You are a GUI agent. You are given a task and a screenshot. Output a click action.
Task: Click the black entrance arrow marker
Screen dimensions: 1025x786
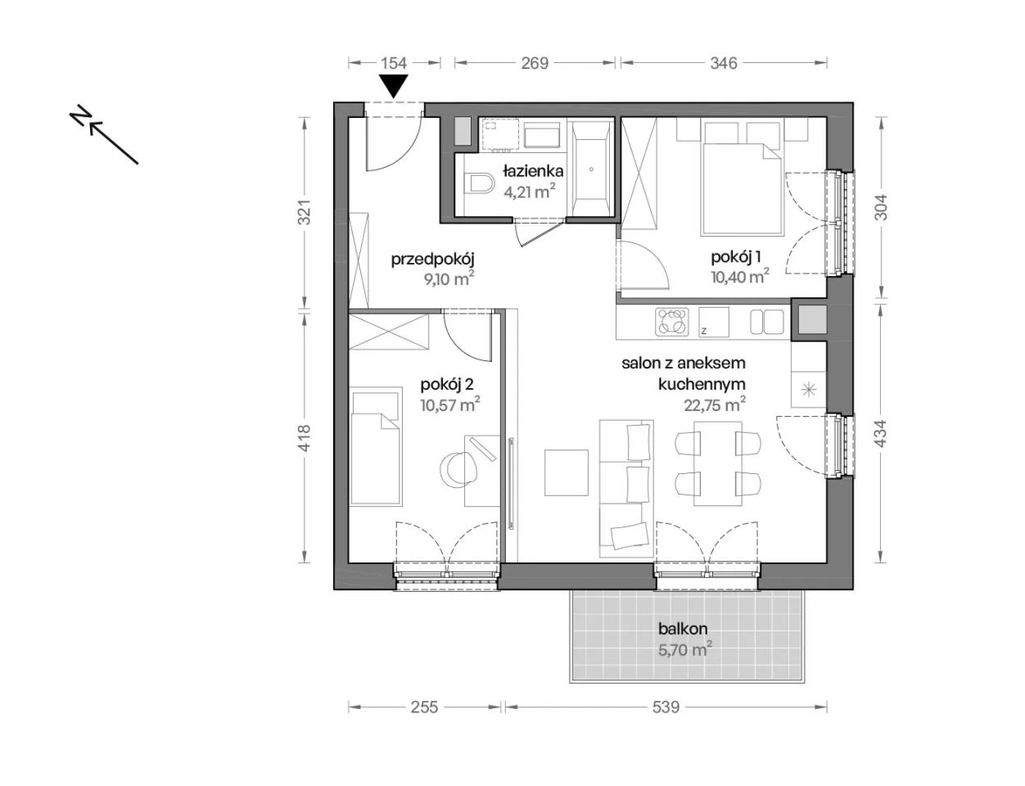[394, 87]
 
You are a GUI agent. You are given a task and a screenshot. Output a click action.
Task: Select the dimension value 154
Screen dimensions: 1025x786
[394, 63]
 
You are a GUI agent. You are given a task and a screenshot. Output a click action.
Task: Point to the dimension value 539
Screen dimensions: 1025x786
[666, 707]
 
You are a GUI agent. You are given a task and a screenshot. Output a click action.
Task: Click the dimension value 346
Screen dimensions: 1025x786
[724, 63]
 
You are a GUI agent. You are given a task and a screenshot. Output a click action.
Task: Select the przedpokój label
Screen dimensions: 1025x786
[432, 260]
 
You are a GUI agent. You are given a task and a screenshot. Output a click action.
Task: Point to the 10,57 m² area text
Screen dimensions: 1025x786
[450, 404]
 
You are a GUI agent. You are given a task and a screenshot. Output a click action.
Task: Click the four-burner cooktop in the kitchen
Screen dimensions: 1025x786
[671, 322]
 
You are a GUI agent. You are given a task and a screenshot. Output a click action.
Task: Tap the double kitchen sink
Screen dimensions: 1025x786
[766, 322]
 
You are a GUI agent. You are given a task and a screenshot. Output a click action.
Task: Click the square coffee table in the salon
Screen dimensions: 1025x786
[566, 472]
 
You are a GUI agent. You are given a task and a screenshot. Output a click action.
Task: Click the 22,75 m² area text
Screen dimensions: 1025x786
[715, 404]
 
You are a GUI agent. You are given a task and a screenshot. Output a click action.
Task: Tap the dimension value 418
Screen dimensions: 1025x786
[305, 438]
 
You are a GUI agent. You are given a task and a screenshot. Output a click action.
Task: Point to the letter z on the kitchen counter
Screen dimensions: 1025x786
[704, 331]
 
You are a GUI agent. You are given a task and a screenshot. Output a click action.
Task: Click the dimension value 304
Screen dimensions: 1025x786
[880, 207]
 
